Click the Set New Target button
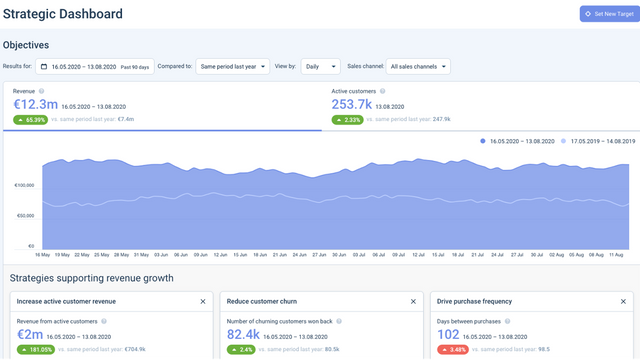(x=607, y=14)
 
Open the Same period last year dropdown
(x=233, y=67)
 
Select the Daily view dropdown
(x=320, y=67)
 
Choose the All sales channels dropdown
(x=417, y=67)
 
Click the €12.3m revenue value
(x=35, y=104)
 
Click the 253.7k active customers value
(x=352, y=104)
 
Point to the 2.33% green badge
(x=348, y=119)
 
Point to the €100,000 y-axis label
(x=24, y=185)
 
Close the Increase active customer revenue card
(x=203, y=301)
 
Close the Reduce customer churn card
(x=413, y=301)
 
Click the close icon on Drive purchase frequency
(x=623, y=301)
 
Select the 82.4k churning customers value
(x=244, y=335)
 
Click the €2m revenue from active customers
(x=30, y=335)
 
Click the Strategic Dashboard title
(x=63, y=15)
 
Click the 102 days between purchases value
(x=448, y=335)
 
